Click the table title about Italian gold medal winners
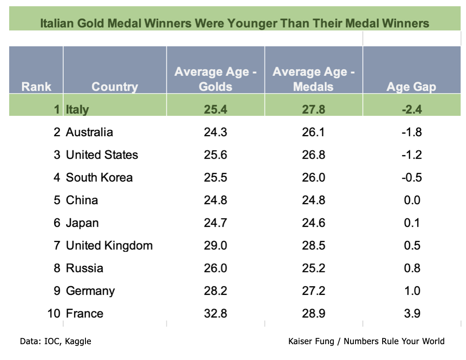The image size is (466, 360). (235, 23)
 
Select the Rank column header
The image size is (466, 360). (36, 87)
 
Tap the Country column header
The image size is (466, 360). (115, 87)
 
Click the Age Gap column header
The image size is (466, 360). (411, 87)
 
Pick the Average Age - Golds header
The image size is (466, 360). (215, 79)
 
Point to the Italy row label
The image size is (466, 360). (78, 110)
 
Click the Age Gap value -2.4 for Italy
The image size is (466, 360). (412, 110)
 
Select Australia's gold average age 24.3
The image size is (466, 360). (215, 132)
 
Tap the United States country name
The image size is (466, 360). (102, 155)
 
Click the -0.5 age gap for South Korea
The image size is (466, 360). (412, 177)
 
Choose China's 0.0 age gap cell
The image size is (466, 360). (412, 200)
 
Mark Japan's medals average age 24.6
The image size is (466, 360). (313, 223)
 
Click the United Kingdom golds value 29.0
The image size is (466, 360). (215, 245)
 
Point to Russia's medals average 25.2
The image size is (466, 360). (313, 268)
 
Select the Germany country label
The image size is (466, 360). (90, 291)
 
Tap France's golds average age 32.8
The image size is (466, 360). (215, 313)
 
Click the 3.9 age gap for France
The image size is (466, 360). (412, 313)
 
